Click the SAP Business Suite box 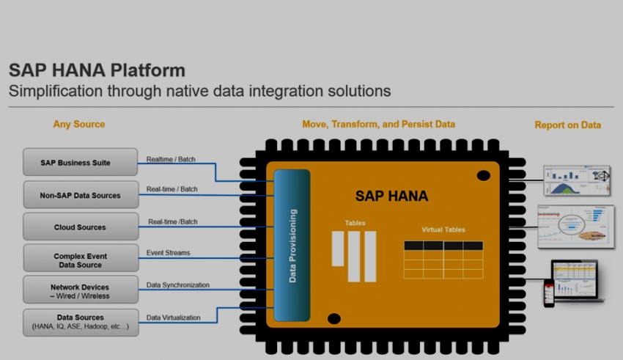[x=80, y=162]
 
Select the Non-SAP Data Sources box [x=80, y=195]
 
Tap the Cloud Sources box [x=80, y=227]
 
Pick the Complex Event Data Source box [x=80, y=260]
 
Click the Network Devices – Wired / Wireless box [x=80, y=291]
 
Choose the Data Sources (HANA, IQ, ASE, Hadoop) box [x=80, y=322]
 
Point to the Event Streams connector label [x=168, y=253]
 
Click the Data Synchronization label [x=178, y=285]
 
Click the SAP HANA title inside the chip [x=391, y=196]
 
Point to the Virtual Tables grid [x=443, y=260]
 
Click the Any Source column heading [x=79, y=124]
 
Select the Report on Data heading [x=567, y=125]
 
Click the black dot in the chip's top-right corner [x=484, y=175]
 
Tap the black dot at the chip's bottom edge [x=333, y=318]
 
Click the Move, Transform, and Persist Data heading [x=378, y=124]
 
